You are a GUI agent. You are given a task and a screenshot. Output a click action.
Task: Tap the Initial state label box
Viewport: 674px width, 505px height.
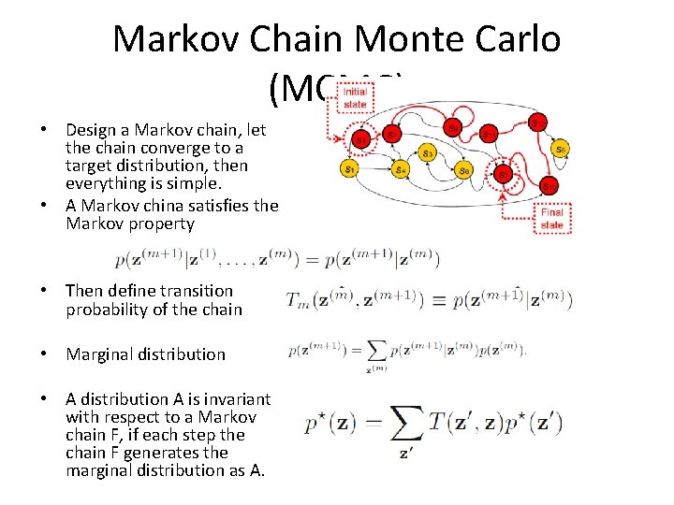[355, 98]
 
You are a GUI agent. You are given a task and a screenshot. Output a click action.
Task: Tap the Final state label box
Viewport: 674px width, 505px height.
[551, 218]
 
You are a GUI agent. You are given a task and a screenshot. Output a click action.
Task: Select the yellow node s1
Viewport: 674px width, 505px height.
[349, 169]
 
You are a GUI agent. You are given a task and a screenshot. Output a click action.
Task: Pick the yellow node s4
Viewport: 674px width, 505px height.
[400, 169]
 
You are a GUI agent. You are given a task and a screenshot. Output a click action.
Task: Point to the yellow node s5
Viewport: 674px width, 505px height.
[560, 148]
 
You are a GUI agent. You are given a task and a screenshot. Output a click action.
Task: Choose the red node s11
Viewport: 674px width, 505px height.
[489, 135]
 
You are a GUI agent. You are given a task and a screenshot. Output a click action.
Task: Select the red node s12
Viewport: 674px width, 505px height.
[538, 123]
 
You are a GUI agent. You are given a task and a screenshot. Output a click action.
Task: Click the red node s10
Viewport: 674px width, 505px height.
[549, 186]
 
